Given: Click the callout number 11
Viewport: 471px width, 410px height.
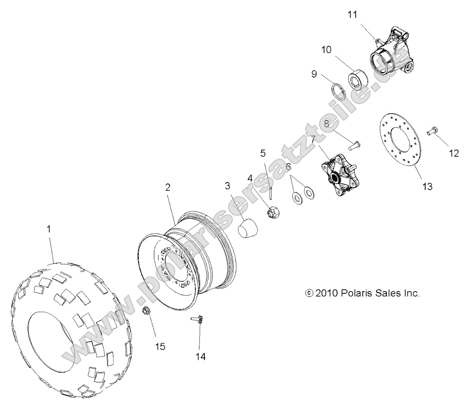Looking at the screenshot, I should [x=352, y=14].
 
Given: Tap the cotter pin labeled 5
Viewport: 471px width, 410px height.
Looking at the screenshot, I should [x=271, y=193].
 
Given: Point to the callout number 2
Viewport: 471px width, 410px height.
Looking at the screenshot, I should [x=168, y=187].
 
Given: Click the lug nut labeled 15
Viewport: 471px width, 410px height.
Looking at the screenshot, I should [x=146, y=310].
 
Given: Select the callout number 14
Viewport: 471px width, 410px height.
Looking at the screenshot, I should [x=200, y=356].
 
